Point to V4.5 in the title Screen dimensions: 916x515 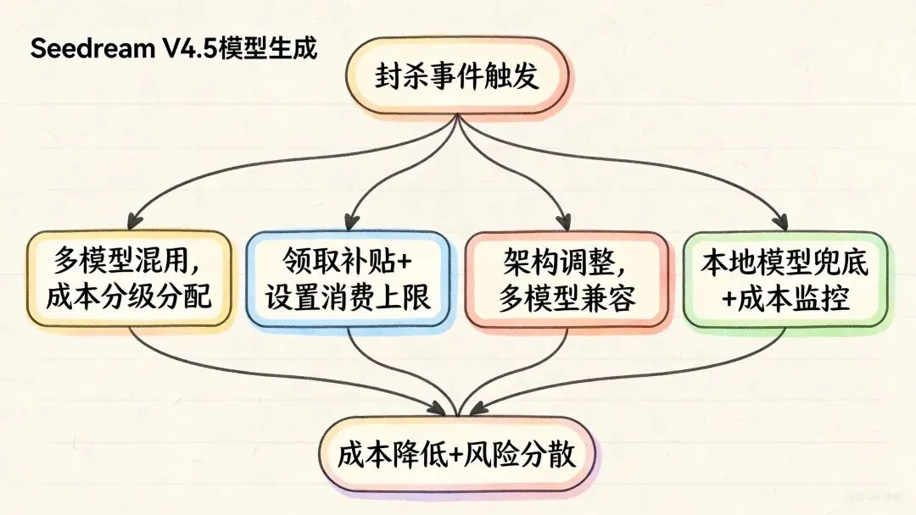pos(187,49)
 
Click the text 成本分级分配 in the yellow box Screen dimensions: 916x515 pos(130,299)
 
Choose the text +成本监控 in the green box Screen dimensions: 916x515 pos(785,299)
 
